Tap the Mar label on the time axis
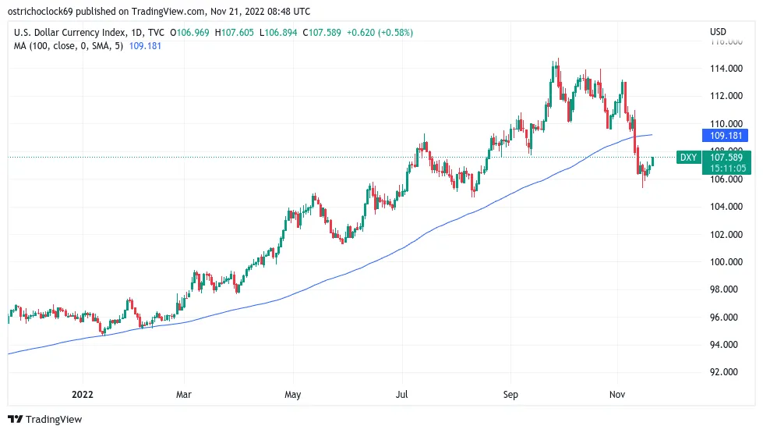[x=184, y=396]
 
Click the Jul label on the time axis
[x=403, y=396]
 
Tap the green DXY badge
[x=688, y=158]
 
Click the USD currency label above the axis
[x=718, y=32]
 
